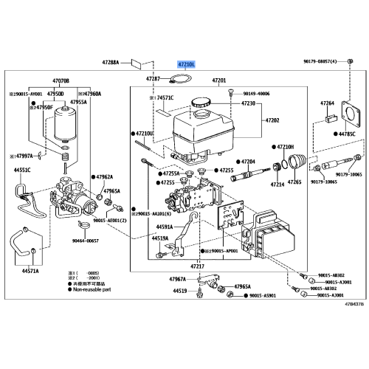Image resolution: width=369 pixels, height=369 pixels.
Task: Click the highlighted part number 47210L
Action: [x=184, y=65]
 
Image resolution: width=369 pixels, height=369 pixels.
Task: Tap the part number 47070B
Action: [x=60, y=80]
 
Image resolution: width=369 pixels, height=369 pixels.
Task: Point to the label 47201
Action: [x=220, y=80]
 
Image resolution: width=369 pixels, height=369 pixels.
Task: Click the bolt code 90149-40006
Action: [x=255, y=94]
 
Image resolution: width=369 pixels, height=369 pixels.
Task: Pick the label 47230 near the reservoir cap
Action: [x=248, y=103]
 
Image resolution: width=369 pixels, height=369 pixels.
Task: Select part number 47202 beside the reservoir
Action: [x=272, y=120]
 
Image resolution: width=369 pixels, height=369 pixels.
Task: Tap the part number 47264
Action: [x=327, y=103]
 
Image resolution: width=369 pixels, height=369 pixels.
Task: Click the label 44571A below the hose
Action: [x=30, y=271]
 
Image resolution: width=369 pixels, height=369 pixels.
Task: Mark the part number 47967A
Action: [x=177, y=279]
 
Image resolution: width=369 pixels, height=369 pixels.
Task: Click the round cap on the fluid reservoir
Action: [x=201, y=103]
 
